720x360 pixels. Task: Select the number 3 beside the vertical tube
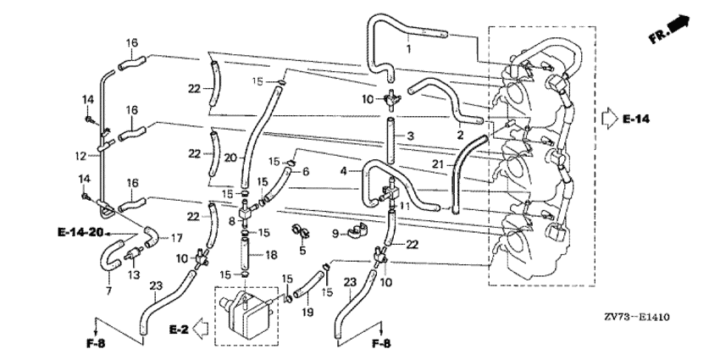click(410, 136)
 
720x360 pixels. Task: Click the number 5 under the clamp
click(302, 250)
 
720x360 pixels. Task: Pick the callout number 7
click(108, 291)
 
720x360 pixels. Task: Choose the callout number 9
click(335, 233)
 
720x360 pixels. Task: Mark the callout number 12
click(79, 156)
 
